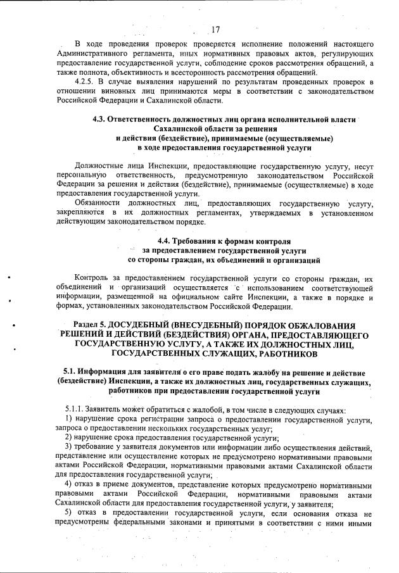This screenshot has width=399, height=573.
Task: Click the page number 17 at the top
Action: [215, 28]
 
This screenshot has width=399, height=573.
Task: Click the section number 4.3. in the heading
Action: [101, 120]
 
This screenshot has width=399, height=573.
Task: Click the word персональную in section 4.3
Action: [81, 175]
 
